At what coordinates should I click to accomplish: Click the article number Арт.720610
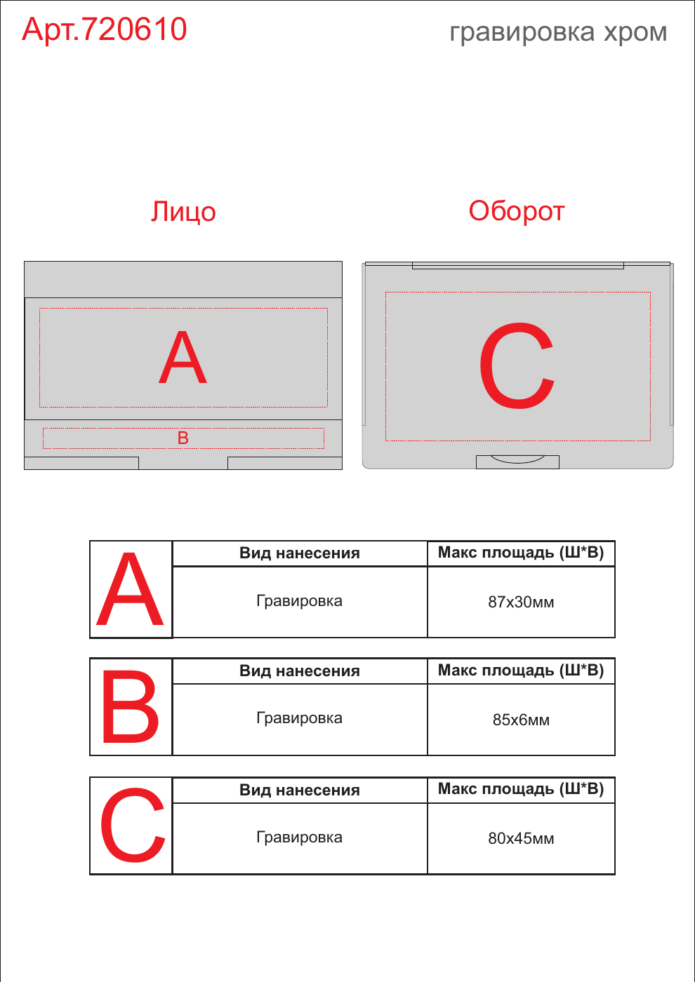tap(105, 29)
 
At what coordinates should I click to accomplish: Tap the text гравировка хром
tap(558, 32)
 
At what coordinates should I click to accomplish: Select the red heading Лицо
tap(183, 212)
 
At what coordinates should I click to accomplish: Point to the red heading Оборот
tap(517, 211)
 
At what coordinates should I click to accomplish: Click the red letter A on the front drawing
tap(183, 357)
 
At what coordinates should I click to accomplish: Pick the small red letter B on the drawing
tap(183, 438)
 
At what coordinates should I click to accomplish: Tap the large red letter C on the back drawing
tap(517, 365)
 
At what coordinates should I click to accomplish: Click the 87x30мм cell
tap(521, 602)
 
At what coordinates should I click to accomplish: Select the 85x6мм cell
tap(521, 720)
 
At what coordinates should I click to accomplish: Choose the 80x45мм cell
tap(521, 839)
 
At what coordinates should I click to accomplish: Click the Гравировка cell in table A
tap(300, 602)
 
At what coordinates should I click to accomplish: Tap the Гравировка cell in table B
tap(300, 719)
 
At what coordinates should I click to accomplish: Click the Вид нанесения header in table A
tap(300, 553)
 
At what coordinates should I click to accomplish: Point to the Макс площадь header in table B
tap(521, 671)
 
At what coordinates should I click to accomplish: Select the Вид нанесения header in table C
tap(300, 790)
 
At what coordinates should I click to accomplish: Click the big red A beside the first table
tap(130, 588)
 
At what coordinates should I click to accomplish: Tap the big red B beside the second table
tap(131, 707)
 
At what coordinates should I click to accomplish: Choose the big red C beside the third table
tap(133, 825)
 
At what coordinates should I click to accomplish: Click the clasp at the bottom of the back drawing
tap(517, 462)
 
